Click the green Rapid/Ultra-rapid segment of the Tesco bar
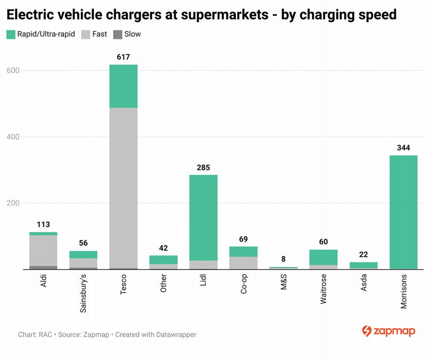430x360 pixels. coord(124,86)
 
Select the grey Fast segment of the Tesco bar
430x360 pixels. coord(124,188)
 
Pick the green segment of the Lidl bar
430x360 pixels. coord(203,218)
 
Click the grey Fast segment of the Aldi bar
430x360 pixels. coord(43,250)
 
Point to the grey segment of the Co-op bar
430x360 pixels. coord(243,263)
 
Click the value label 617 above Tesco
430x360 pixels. coord(123,57)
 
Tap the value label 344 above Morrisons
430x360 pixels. coord(403,148)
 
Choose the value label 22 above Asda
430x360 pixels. coord(363,255)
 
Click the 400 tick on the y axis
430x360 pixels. coord(13,137)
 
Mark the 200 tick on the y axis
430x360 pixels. coord(13,203)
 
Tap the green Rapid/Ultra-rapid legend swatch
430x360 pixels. coord(11,35)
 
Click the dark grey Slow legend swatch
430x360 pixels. coord(118,35)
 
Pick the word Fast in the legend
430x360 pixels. coord(100,34)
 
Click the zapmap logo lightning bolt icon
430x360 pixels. coord(366,331)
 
